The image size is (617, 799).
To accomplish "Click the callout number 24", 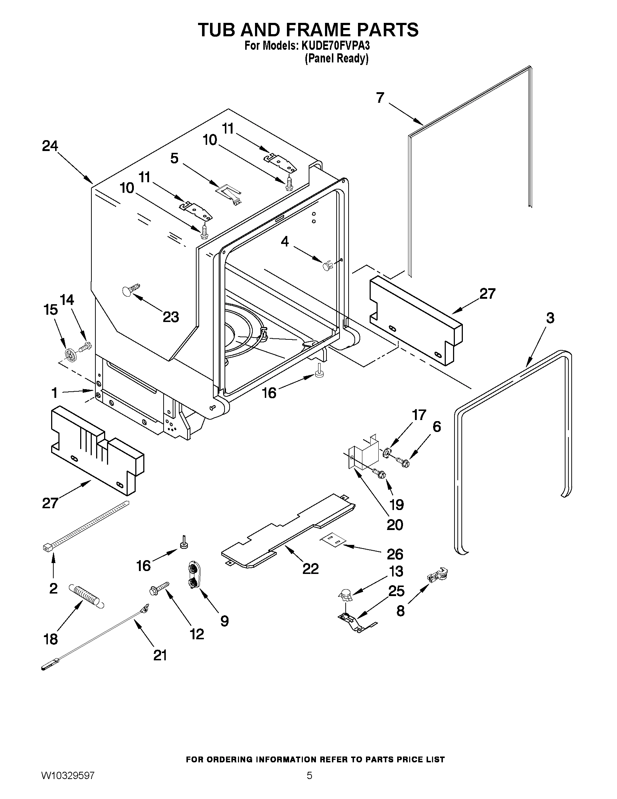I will tap(50, 146).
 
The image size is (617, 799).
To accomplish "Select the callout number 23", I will tap(171, 317).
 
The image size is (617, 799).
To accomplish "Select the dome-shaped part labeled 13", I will tap(345, 595).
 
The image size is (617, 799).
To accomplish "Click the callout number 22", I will tap(310, 568).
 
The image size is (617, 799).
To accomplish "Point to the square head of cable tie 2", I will tap(46, 547).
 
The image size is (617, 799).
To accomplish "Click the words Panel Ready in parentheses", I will tap(337, 58).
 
